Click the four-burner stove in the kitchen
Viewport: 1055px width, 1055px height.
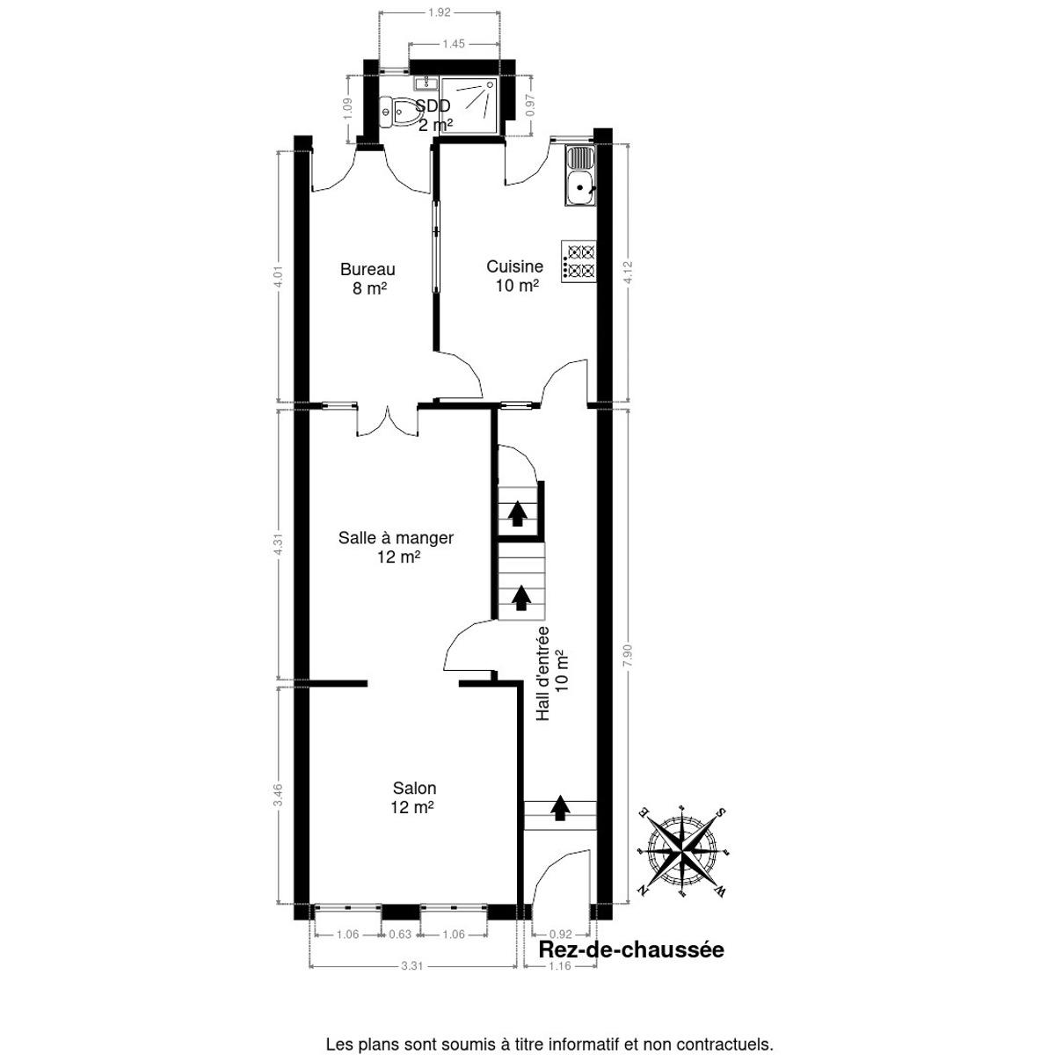[579, 261]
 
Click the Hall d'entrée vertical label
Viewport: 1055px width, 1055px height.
[552, 673]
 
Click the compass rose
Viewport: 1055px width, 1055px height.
[683, 850]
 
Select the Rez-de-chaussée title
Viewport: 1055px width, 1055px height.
[630, 950]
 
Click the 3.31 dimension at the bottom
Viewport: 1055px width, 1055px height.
[412, 966]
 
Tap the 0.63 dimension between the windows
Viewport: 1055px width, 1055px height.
[400, 935]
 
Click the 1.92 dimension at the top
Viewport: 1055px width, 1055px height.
[440, 12]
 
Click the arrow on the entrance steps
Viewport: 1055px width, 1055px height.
[559, 807]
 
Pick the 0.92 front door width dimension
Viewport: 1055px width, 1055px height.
[559, 935]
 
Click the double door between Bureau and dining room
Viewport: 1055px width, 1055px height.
[386, 422]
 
